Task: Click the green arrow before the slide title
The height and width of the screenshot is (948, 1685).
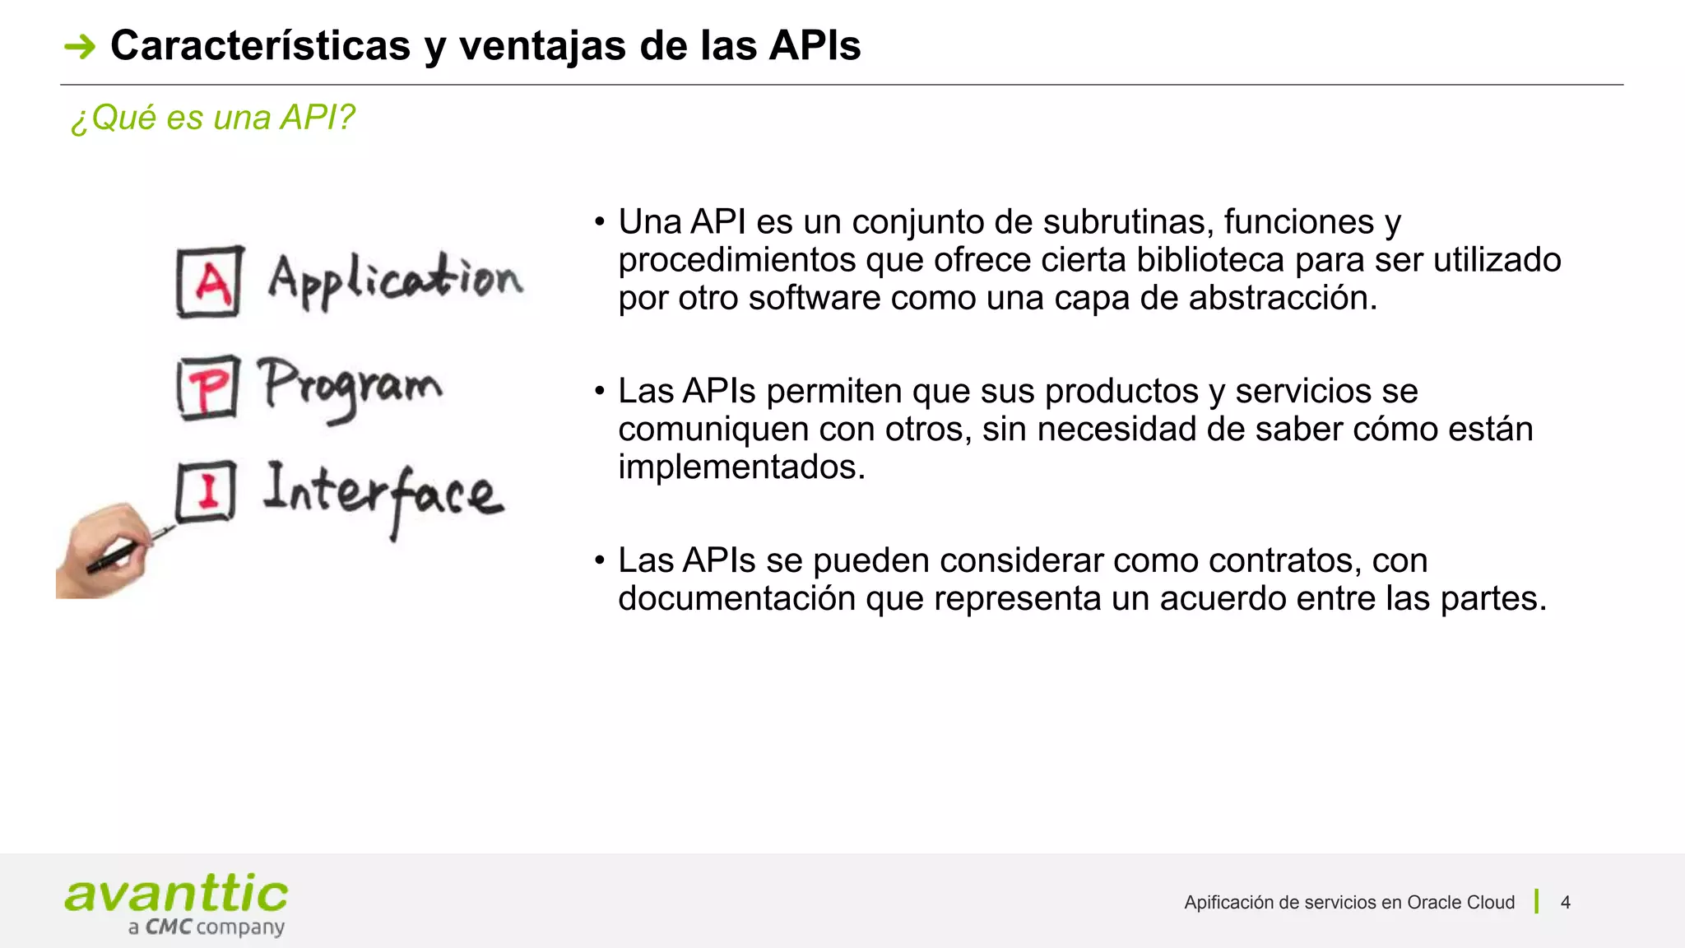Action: coord(80,47)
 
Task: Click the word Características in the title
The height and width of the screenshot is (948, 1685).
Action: coord(260,45)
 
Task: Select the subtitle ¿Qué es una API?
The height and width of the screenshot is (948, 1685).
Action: coord(212,118)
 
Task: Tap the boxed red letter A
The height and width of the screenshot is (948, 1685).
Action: coord(211,282)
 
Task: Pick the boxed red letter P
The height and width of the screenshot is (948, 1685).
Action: coord(209,388)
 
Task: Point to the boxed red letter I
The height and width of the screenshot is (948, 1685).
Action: coord(207,491)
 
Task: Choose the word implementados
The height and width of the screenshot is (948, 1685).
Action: coord(741,467)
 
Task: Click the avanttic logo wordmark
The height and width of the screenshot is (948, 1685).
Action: coord(176,895)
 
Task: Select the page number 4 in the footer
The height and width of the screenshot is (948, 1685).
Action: coord(1565,903)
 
